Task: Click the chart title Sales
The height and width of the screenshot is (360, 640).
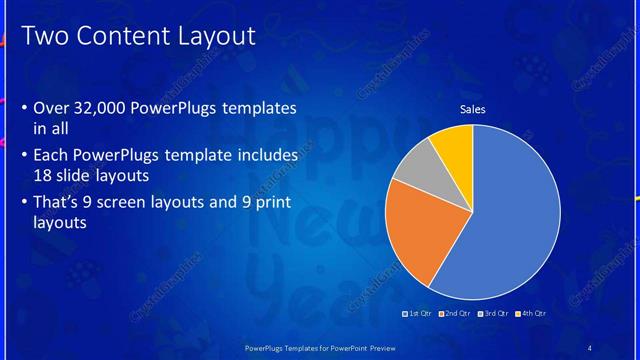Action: [x=472, y=109]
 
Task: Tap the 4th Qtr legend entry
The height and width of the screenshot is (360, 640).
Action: [x=531, y=313]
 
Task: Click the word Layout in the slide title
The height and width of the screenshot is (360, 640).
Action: [x=217, y=37]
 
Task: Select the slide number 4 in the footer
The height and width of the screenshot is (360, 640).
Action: [x=589, y=347]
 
